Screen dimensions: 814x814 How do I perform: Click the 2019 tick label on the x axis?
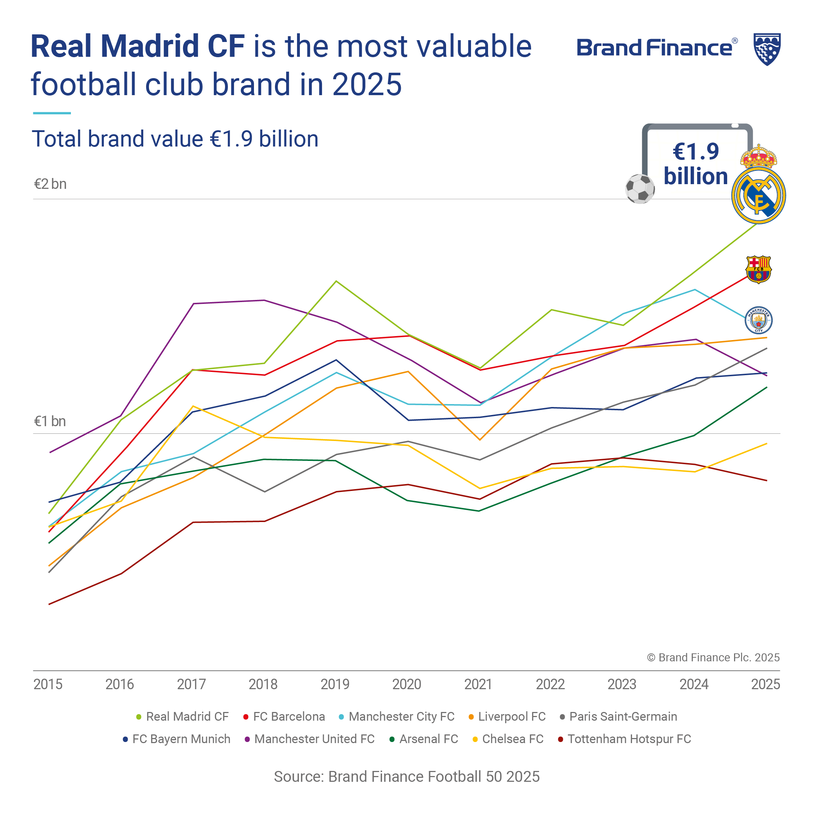pyautogui.click(x=335, y=684)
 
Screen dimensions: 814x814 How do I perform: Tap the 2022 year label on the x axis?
pyautogui.click(x=550, y=684)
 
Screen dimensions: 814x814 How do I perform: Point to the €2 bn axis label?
pyautogui.click(x=50, y=184)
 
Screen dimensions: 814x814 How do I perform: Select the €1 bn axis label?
pyautogui.click(x=50, y=421)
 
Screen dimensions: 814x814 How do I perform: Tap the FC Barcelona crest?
pyautogui.click(x=758, y=269)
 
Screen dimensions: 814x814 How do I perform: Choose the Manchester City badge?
pyautogui.click(x=758, y=320)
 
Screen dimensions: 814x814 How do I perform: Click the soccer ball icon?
pyautogui.click(x=640, y=189)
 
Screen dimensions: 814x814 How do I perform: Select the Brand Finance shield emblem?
pyautogui.click(x=767, y=49)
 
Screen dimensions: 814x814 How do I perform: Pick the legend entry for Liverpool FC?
pyautogui.click(x=507, y=717)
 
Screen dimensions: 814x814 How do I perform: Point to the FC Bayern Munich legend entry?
pyautogui.click(x=177, y=739)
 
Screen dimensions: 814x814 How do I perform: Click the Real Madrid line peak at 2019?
pyautogui.click(x=336, y=281)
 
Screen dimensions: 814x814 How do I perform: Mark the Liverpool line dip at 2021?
pyautogui.click(x=480, y=440)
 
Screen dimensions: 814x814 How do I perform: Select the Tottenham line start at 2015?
pyautogui.click(x=49, y=604)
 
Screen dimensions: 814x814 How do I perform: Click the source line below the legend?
pyautogui.click(x=407, y=776)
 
